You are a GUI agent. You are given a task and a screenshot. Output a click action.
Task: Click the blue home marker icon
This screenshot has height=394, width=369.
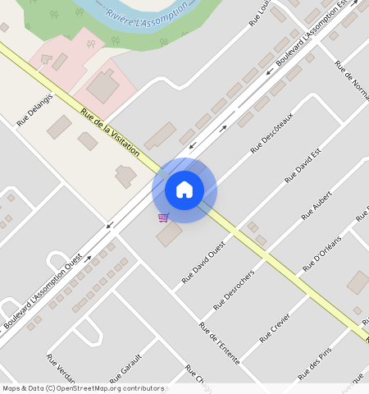point(184,190)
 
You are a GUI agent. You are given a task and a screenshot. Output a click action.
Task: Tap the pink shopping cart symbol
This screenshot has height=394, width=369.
point(163,218)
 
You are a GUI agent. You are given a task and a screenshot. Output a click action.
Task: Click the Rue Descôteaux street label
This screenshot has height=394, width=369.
point(271,133)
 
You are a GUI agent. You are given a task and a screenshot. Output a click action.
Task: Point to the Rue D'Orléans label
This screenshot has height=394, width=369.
point(321,253)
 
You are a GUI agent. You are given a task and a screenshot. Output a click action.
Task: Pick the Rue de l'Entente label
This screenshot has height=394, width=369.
point(213,338)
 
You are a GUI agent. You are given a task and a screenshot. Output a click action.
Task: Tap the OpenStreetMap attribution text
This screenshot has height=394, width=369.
point(83,388)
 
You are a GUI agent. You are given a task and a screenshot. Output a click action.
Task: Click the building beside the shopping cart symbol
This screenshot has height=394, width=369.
point(171,235)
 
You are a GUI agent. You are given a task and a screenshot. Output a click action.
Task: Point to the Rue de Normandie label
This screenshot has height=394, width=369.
point(348,82)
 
